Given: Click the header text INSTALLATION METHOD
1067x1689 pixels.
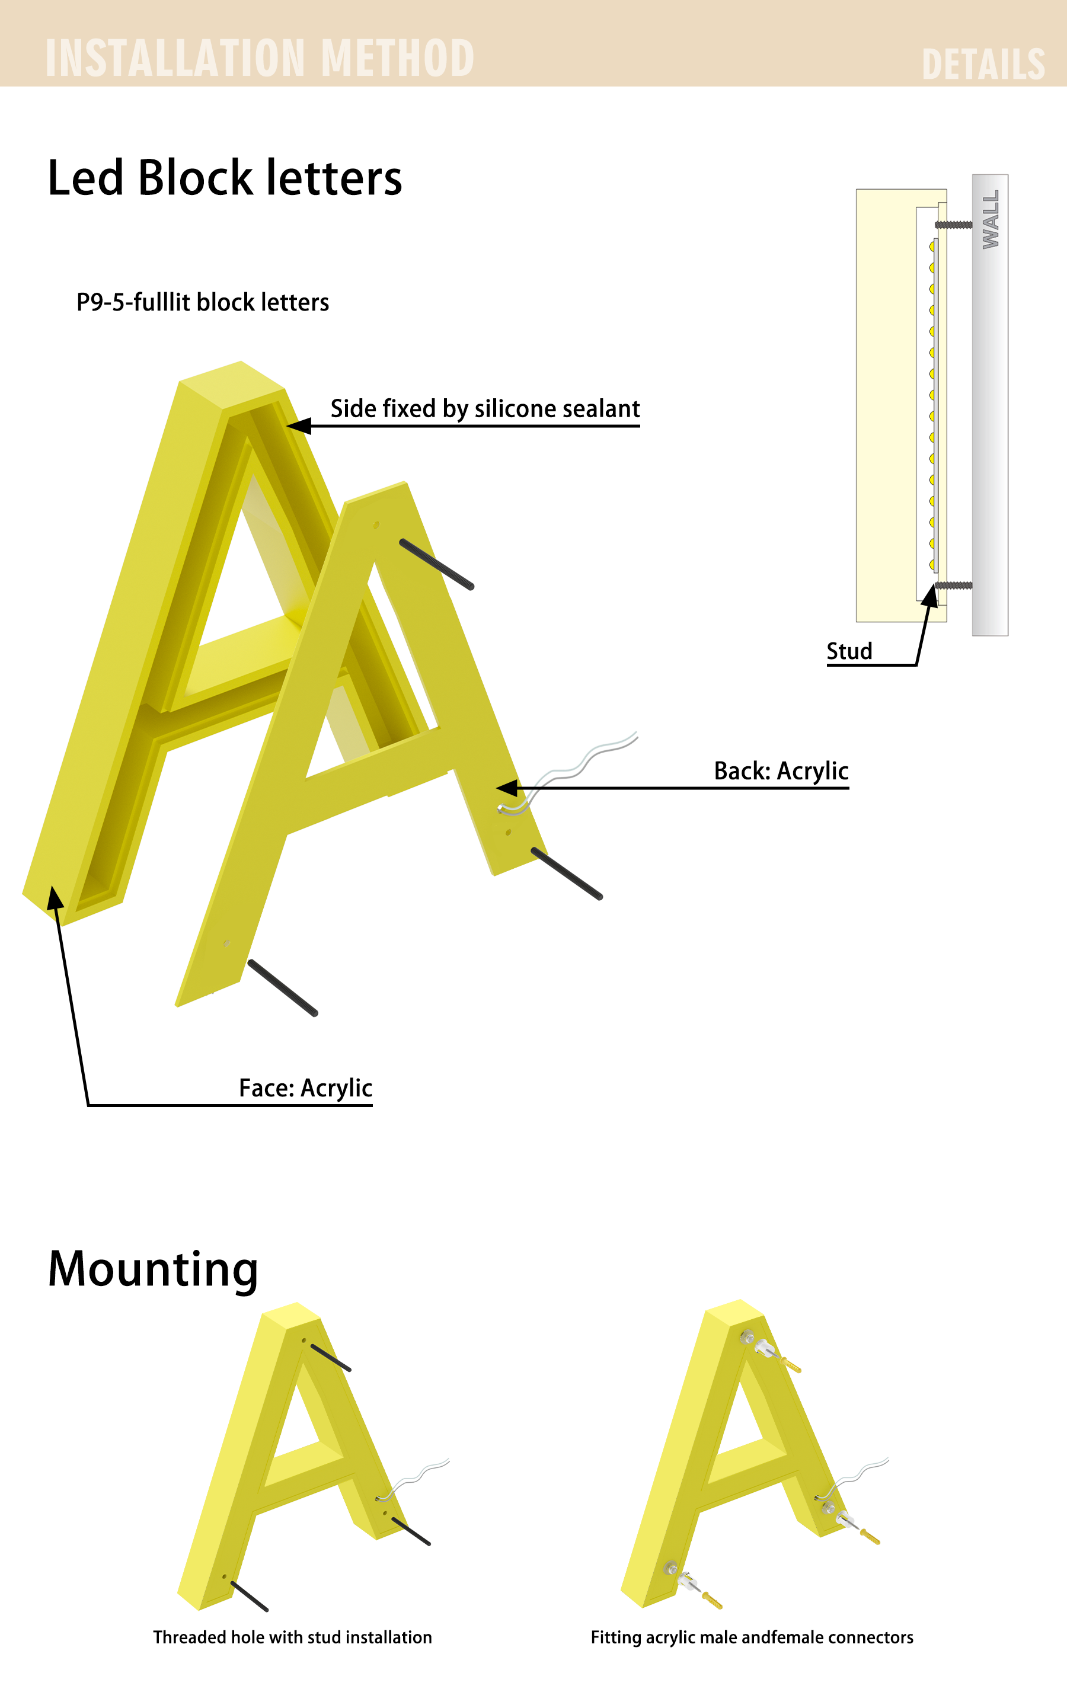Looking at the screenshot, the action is [x=260, y=58].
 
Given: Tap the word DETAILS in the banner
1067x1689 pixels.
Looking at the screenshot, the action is [x=983, y=65].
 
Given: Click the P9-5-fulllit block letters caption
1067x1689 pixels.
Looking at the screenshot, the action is [x=203, y=302].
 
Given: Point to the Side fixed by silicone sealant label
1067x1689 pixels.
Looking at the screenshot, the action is [x=485, y=408].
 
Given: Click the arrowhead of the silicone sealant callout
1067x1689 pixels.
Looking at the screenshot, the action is [x=298, y=426].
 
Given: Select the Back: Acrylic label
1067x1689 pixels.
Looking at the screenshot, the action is [x=781, y=771].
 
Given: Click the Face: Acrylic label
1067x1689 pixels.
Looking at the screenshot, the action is [x=305, y=1088].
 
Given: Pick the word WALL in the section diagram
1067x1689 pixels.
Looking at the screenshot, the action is [x=991, y=219].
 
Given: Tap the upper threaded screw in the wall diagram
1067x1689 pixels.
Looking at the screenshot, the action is [x=953, y=225].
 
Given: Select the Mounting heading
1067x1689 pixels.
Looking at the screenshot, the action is [x=153, y=1269].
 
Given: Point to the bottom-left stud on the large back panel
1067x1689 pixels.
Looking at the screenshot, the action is [x=283, y=987].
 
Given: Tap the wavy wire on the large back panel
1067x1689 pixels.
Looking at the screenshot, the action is [x=567, y=772].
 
